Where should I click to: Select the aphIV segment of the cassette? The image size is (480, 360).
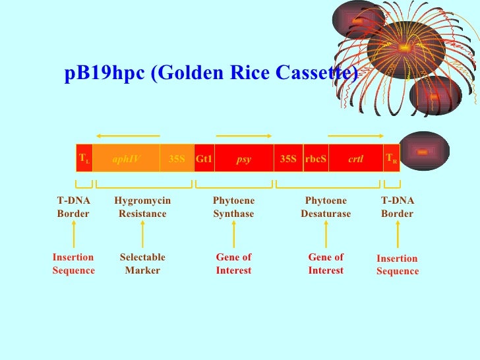pos(126,159)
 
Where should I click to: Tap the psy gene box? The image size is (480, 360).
pos(244,159)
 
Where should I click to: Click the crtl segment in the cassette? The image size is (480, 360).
pos(356,159)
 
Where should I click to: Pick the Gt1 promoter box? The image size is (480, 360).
pos(204,159)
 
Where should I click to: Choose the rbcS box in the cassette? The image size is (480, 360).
pos(315,159)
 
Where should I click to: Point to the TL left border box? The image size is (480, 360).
pos(84,159)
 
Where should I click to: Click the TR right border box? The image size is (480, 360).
pos(392,159)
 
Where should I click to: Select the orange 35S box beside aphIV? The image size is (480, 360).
pos(177,159)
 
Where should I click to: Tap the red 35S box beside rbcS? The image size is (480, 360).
pos(288,159)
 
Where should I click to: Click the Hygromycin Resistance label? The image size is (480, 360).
pos(142,207)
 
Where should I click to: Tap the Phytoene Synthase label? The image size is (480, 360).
pos(233,207)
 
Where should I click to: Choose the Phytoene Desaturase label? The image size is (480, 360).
pos(326,207)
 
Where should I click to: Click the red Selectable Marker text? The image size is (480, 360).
pos(142,264)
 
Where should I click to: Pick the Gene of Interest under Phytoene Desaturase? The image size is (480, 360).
pos(326,264)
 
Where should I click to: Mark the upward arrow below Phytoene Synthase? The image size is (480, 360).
pos(234,234)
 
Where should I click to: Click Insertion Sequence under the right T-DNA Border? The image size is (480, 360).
pos(398,265)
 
